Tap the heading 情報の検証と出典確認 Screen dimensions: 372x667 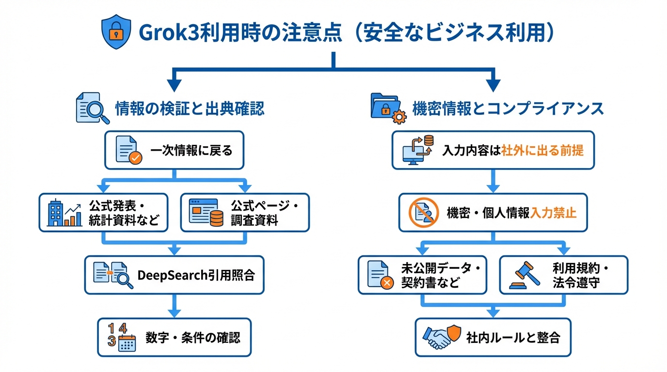tap(190, 108)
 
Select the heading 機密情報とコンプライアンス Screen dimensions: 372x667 tap(508, 108)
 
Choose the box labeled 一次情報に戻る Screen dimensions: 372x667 tap(175, 150)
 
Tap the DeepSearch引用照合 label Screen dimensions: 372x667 tap(196, 275)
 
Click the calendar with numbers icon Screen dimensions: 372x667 tap(121, 337)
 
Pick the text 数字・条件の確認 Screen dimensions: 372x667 tap(192, 337)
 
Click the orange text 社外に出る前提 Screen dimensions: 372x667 tap(542, 150)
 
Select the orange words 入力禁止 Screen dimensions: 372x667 tap(553, 213)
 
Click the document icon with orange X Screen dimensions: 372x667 tap(380, 275)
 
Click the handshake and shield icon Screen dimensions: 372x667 tap(440, 337)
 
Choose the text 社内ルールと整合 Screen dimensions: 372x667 tap(513, 337)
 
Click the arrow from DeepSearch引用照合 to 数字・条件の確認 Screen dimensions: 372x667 tap(175, 306)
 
